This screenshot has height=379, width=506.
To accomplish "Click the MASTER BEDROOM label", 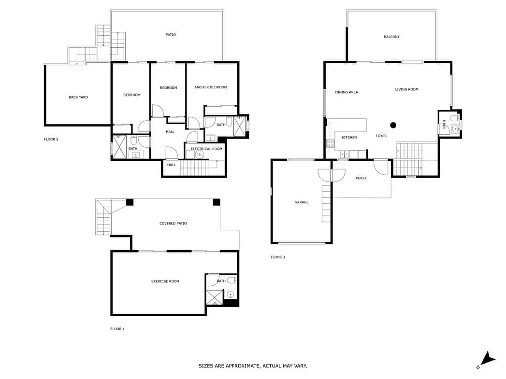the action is click(211, 87).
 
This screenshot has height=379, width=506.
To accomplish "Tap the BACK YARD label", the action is click(78, 97).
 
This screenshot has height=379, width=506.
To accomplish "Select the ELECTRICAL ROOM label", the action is click(206, 149).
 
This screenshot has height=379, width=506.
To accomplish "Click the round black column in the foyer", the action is click(393, 125).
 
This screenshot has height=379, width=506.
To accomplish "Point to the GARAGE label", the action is click(302, 202).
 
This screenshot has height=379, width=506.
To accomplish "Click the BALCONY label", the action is click(391, 37).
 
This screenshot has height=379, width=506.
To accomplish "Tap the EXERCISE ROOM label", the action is click(165, 281).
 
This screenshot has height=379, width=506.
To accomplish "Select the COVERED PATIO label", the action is click(173, 224).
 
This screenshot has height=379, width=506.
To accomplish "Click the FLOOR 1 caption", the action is click(117, 329).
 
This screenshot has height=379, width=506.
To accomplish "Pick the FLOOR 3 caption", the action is click(278, 257).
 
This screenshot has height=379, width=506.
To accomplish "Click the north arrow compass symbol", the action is click(487, 360).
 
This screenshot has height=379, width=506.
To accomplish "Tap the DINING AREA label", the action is click(346, 92).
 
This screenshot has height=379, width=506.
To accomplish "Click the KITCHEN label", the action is click(349, 137).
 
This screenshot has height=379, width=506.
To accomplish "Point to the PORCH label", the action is click(361, 178).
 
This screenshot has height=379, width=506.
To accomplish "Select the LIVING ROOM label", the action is click(406, 89).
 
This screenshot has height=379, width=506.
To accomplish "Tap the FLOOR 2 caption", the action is click(51, 139).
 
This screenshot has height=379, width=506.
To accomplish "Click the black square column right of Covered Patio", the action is click(216, 202).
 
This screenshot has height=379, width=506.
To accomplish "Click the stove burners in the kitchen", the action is click(330, 143).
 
